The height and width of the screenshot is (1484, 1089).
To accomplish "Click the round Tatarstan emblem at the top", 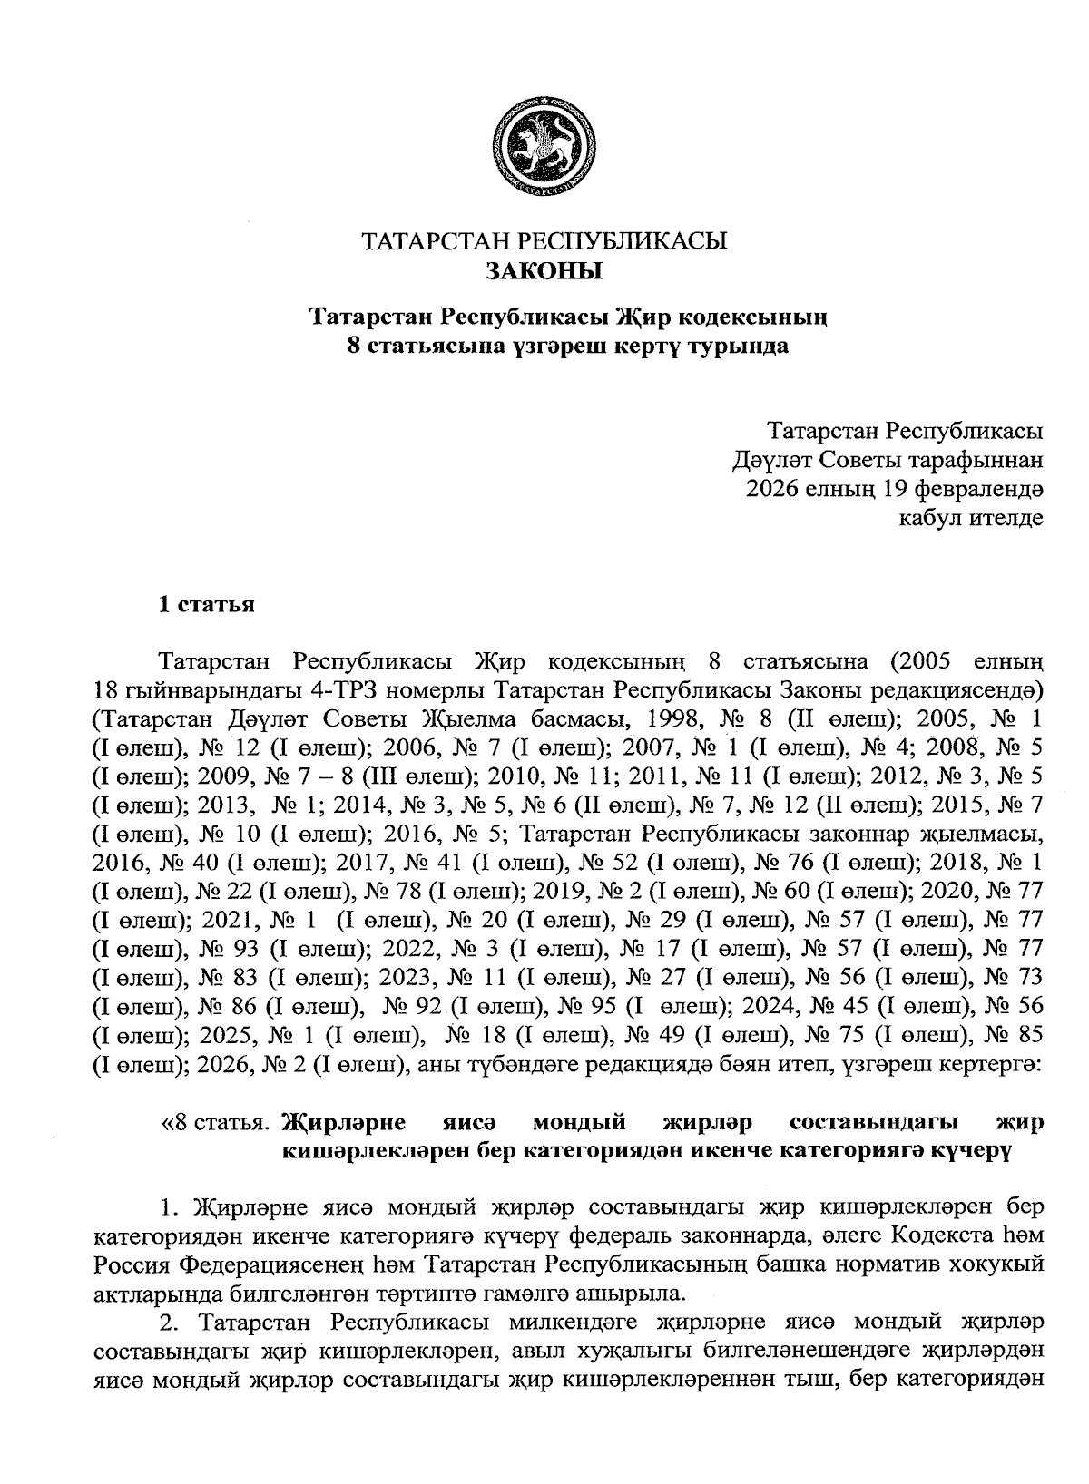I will click(544, 143).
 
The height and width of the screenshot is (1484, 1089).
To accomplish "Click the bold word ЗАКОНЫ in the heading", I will click(544, 270).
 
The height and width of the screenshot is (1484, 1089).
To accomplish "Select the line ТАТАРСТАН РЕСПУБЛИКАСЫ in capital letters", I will click(544, 241).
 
